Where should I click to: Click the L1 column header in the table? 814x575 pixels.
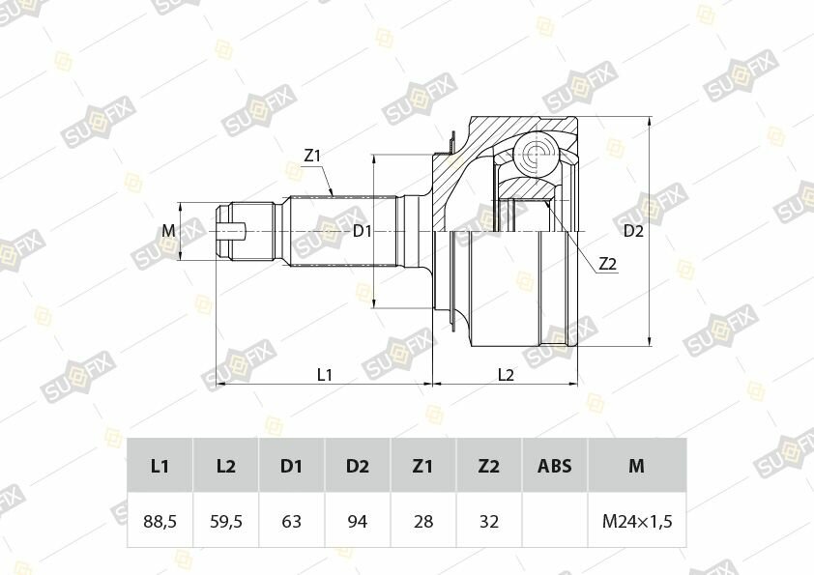point(160,466)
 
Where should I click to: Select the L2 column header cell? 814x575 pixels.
point(226,466)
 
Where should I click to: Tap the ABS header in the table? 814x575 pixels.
point(555,466)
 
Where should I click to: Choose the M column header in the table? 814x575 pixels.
point(637,466)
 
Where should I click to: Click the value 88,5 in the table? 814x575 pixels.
point(160,521)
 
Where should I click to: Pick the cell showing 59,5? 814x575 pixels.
point(226,521)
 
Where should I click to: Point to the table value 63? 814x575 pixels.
point(291,521)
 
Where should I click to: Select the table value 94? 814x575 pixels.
point(357,521)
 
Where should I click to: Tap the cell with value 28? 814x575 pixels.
point(423,521)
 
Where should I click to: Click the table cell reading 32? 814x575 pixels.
point(489,521)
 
